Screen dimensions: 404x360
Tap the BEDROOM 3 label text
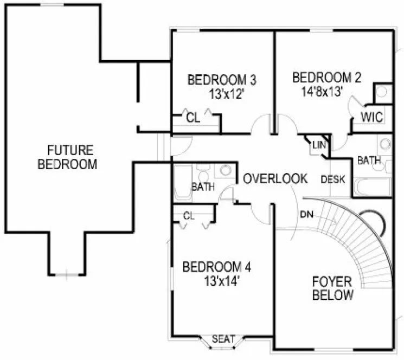[x=222, y=80]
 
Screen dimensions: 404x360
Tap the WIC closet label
[x=372, y=117]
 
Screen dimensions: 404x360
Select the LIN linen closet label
[x=318, y=145]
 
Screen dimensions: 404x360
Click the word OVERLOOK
[x=275, y=178]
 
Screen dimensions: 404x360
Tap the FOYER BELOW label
[x=332, y=288]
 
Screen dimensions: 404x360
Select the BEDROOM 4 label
[x=217, y=267]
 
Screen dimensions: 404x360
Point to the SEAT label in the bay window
[x=223, y=339]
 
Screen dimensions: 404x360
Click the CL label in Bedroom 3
[x=193, y=118]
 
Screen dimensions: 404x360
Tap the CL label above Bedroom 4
[x=188, y=215]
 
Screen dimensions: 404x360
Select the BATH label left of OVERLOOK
[x=203, y=188]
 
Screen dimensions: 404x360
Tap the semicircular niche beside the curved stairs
[x=376, y=221]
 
